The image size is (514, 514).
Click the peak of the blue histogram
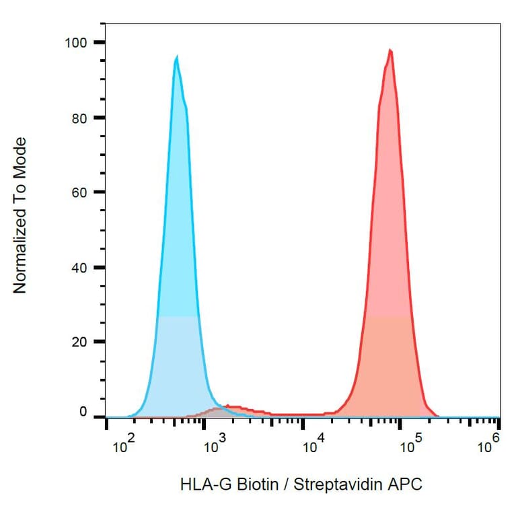[x=176, y=58]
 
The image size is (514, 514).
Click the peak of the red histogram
[x=390, y=50]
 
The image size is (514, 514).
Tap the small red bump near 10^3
[x=232, y=407]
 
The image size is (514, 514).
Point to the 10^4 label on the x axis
[x=314, y=445]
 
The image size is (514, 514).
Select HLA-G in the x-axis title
[x=198, y=484]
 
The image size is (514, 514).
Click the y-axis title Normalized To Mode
[x=20, y=215]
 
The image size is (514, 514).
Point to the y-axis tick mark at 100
[x=99, y=42]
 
